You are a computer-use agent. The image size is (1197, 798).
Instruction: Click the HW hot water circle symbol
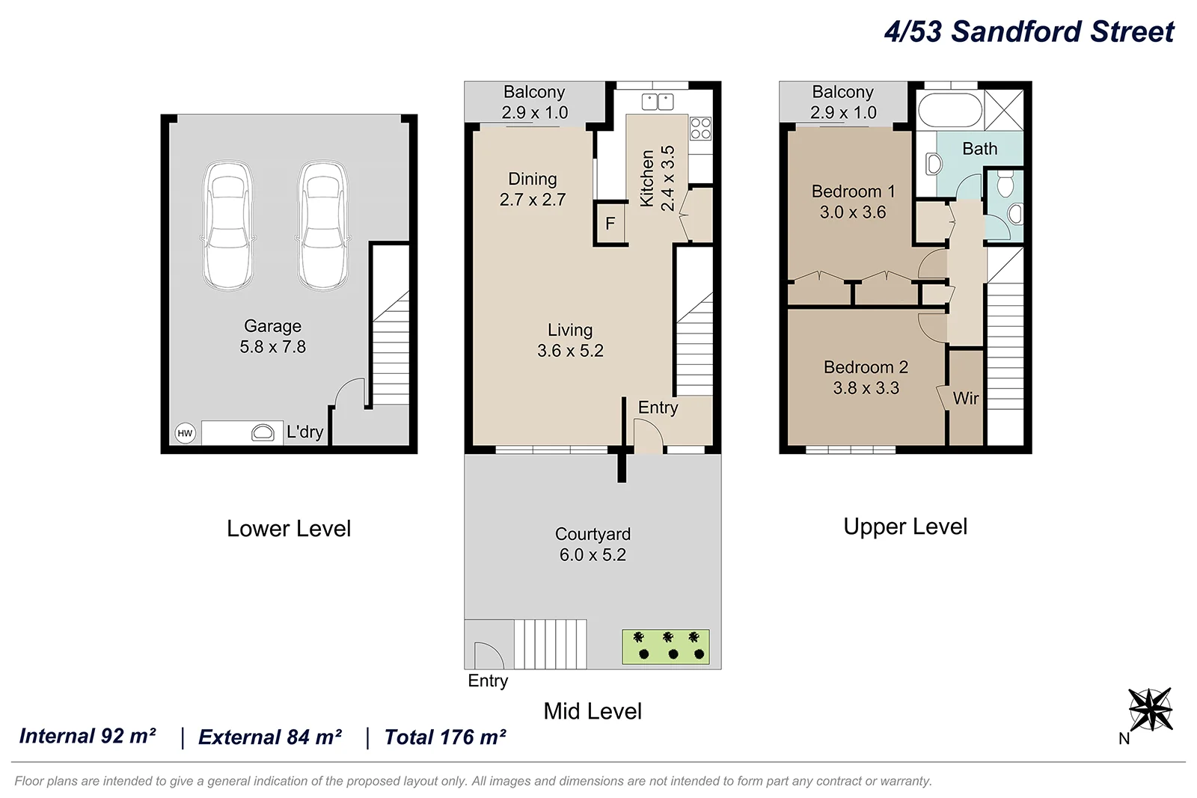(x=185, y=433)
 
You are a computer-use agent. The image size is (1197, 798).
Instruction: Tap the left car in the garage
(x=227, y=225)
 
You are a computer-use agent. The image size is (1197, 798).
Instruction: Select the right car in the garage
(x=322, y=225)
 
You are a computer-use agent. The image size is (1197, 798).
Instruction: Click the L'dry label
(x=304, y=432)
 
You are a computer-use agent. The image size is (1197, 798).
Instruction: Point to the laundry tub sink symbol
(x=263, y=432)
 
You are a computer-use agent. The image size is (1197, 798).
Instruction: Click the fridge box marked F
(x=610, y=223)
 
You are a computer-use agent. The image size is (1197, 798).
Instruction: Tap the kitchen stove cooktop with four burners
(x=700, y=129)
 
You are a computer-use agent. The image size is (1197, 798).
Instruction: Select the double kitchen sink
(x=658, y=102)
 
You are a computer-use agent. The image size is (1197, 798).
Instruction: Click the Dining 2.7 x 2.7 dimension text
(x=533, y=200)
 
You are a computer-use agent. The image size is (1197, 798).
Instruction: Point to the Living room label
(x=570, y=330)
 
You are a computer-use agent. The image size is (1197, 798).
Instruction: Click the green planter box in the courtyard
(x=666, y=647)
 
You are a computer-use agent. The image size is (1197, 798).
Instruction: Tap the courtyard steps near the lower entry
(x=550, y=644)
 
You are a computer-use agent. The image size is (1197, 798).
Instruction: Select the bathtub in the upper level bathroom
(x=949, y=111)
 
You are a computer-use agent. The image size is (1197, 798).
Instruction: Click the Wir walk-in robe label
(x=965, y=399)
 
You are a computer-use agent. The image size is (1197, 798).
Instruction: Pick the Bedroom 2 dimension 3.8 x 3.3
(x=866, y=388)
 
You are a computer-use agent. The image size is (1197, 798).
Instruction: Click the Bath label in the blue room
(x=979, y=149)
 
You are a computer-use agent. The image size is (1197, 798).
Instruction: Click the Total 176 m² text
(x=445, y=737)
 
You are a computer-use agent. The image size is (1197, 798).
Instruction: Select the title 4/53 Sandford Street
(x=1029, y=31)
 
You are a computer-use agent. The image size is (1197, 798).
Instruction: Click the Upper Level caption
(x=905, y=527)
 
